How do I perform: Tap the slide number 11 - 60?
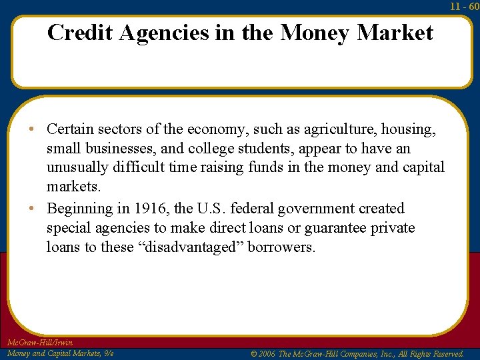point(465,6)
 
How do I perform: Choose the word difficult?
point(142,168)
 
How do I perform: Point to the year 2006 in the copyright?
point(267,353)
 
